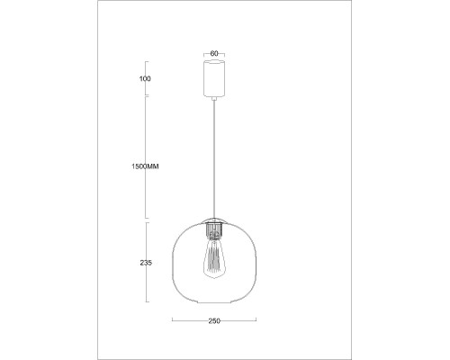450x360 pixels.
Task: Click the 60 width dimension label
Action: pyautogui.click(x=214, y=53)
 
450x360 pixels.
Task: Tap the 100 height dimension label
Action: pyautogui.click(x=146, y=79)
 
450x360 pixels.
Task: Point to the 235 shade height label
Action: pyautogui.click(x=146, y=263)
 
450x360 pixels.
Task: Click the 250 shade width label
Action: pyautogui.click(x=214, y=320)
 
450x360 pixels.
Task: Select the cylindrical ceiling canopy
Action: pyautogui.click(x=214, y=79)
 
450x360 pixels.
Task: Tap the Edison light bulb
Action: pyautogui.click(x=214, y=258)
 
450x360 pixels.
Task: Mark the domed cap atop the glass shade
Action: pyautogui.click(x=214, y=220)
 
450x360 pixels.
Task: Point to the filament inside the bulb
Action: pyautogui.click(x=214, y=261)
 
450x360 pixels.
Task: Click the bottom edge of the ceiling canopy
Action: pyautogui.click(x=214, y=98)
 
